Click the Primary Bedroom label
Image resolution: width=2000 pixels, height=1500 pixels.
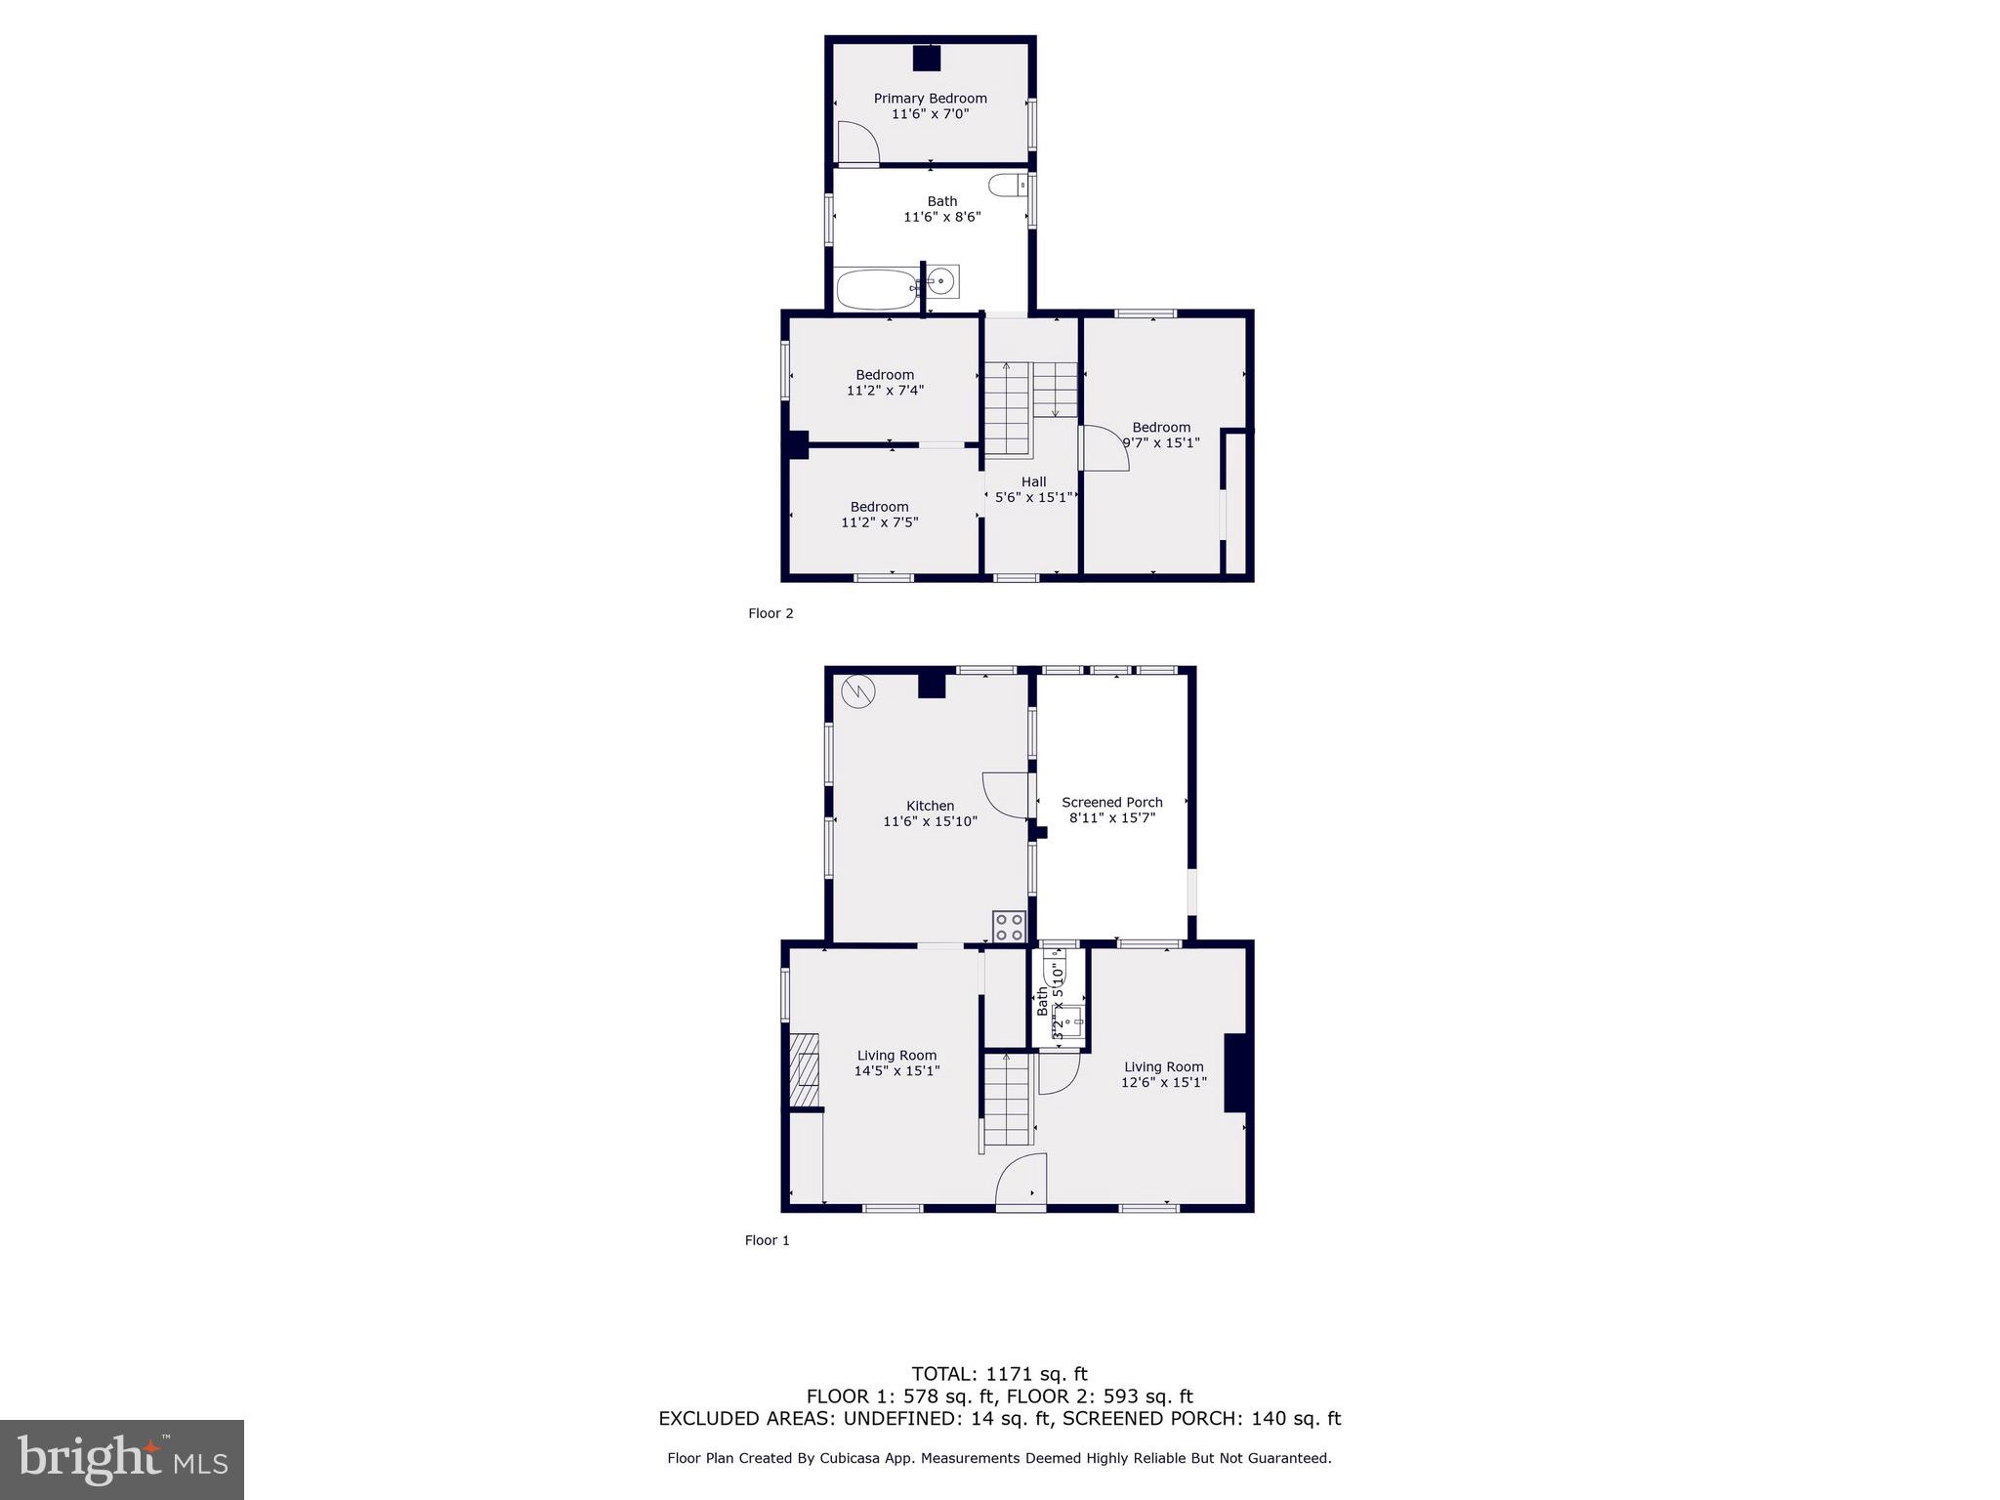930,99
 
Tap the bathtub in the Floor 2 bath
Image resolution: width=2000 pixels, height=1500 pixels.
876,289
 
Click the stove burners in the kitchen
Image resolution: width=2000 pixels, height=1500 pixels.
1009,926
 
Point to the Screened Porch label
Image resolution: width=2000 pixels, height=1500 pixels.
1112,803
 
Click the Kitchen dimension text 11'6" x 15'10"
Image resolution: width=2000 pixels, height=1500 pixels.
930,821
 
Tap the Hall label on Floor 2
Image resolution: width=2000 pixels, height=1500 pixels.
1033,481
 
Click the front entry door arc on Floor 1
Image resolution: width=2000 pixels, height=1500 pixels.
1021,1182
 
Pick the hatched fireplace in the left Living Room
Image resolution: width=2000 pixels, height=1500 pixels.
804,1070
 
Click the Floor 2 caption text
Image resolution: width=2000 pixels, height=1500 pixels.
771,613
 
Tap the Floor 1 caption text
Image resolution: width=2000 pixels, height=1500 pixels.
767,1240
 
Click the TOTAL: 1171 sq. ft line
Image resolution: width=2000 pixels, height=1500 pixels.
999,1374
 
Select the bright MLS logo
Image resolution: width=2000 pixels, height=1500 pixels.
122,1459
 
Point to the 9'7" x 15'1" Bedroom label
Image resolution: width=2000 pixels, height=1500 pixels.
1161,435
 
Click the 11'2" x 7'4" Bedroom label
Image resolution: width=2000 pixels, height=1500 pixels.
885,382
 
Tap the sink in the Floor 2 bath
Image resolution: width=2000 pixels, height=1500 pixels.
941,282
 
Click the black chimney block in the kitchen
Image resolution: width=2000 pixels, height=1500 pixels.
932,686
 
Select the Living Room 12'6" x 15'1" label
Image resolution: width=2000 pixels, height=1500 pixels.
1163,1074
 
